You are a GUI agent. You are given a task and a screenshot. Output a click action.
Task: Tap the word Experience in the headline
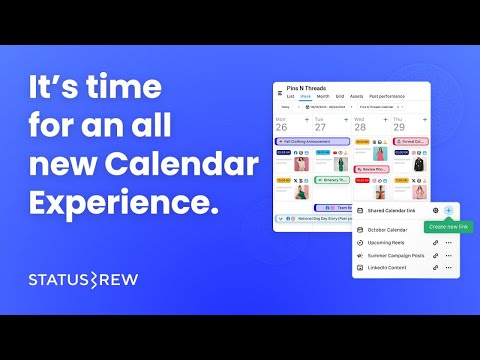click(124, 201)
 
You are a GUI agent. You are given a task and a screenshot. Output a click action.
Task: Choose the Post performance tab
click(386, 96)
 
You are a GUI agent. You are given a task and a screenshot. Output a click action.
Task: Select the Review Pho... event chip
click(370, 170)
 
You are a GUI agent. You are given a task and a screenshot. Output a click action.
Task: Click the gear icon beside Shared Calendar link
click(436, 210)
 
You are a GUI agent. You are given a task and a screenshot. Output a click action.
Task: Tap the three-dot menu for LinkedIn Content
click(449, 268)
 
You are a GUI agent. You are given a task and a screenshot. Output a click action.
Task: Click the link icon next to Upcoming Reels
click(436, 243)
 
